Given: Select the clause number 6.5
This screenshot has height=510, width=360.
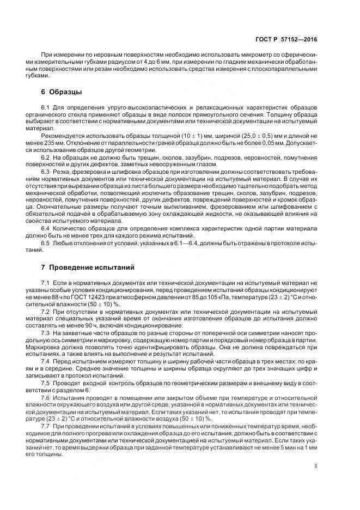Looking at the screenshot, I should pyautogui.click(x=46, y=242).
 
